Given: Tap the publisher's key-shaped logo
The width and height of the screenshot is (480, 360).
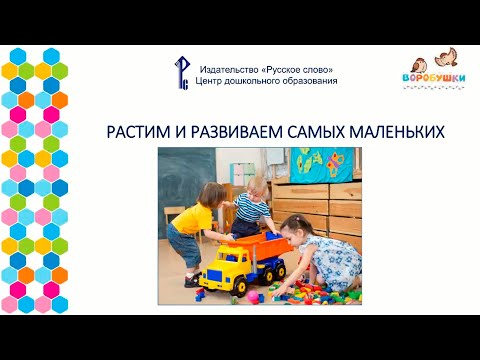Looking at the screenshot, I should tap(180, 72).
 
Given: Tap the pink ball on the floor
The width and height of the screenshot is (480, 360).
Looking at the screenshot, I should tap(254, 297).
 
